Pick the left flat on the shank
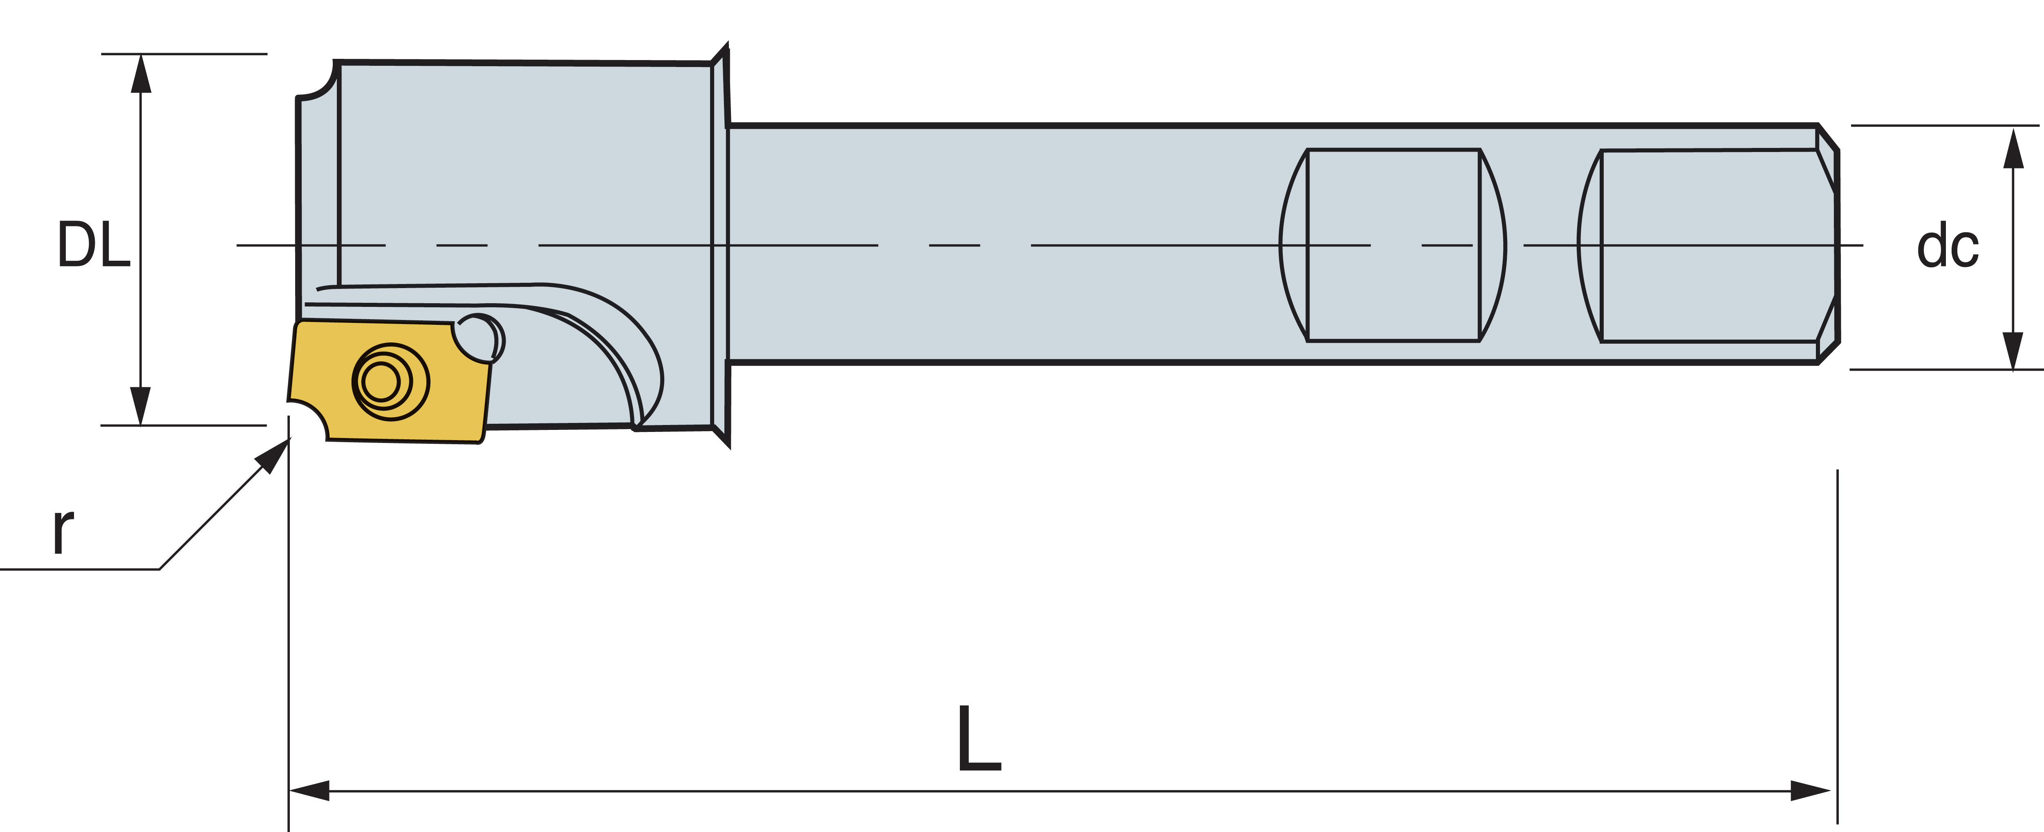tap(1392, 245)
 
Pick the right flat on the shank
tap(1706, 245)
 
